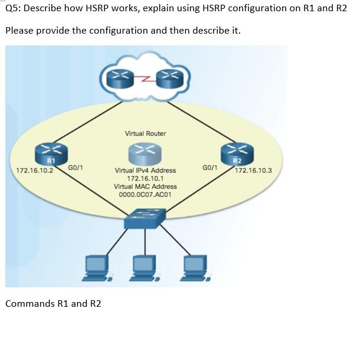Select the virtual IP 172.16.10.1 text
click(x=145, y=178)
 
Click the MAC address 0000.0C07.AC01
click(x=145, y=194)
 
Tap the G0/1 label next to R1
click(x=76, y=168)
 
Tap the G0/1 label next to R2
click(x=210, y=168)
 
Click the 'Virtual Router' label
click(x=145, y=133)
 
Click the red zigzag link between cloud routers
click(x=145, y=76)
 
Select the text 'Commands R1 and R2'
click(x=53, y=303)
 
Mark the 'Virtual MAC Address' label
click(x=145, y=186)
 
